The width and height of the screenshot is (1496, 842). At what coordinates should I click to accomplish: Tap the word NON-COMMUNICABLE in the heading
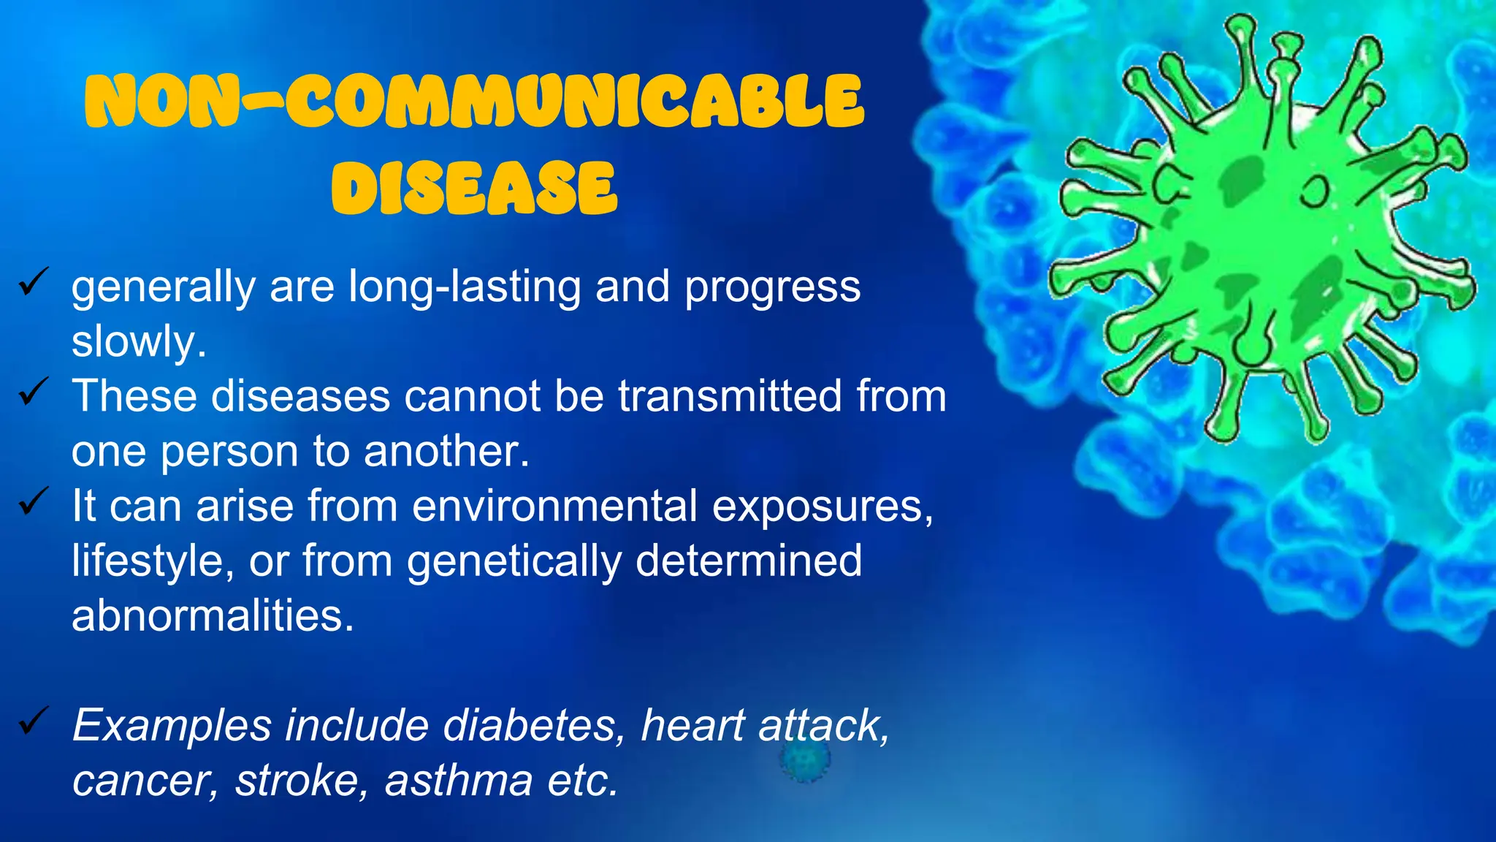coord(475,102)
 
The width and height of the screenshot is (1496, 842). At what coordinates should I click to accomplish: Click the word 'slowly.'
coord(139,341)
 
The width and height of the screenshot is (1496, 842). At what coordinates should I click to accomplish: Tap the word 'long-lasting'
coord(465,287)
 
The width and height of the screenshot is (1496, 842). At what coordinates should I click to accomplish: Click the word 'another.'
coord(446,451)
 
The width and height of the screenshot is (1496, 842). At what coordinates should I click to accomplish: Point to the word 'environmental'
coord(554,506)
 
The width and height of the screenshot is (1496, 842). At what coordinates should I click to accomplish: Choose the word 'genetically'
coord(514,561)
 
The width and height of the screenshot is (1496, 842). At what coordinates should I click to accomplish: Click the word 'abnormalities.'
coord(213,615)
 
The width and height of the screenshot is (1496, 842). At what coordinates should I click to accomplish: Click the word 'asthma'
coord(459,781)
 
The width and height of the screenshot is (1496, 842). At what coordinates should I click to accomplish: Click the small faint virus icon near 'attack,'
coord(804,760)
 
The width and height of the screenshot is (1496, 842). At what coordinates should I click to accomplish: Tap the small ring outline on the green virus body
coord(1316,191)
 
